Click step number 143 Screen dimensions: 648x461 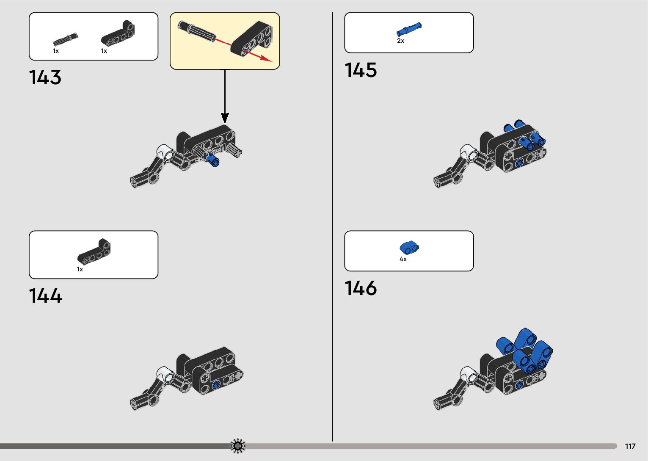click(x=45, y=77)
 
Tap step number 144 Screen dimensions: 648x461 click(x=45, y=296)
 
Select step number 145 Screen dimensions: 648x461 click(x=361, y=70)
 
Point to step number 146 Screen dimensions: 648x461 click(x=361, y=288)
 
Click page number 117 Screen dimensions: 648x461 click(x=630, y=446)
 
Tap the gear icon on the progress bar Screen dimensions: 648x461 click(x=238, y=446)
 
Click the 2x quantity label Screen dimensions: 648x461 click(x=400, y=41)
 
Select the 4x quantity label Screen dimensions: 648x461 click(x=403, y=259)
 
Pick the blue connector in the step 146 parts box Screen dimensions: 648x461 click(x=409, y=247)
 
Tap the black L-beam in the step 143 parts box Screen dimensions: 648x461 click(x=118, y=33)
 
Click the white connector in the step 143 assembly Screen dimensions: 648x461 click(x=165, y=153)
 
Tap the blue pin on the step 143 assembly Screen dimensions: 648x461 click(x=213, y=160)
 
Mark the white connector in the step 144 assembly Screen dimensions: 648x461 click(x=165, y=374)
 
